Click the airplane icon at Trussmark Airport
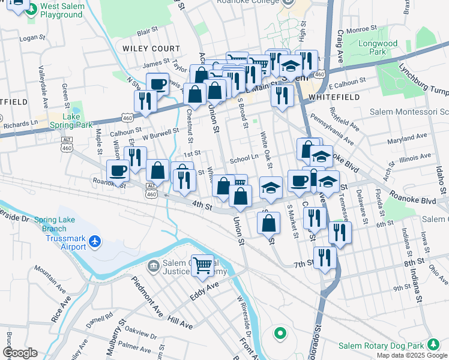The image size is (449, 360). tap(94, 242)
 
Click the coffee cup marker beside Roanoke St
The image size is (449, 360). tap(118, 170)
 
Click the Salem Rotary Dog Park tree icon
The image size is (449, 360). tap(432, 344)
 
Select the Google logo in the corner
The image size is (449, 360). tap(20, 353)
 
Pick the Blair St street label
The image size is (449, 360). tap(147, 29)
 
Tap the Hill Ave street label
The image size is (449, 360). tap(179, 323)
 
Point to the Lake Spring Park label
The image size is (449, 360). tap(71, 121)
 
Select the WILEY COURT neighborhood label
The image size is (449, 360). tap(151, 48)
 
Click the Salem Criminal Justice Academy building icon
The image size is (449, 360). tap(154, 265)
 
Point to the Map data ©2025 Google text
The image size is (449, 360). tap(412, 355)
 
